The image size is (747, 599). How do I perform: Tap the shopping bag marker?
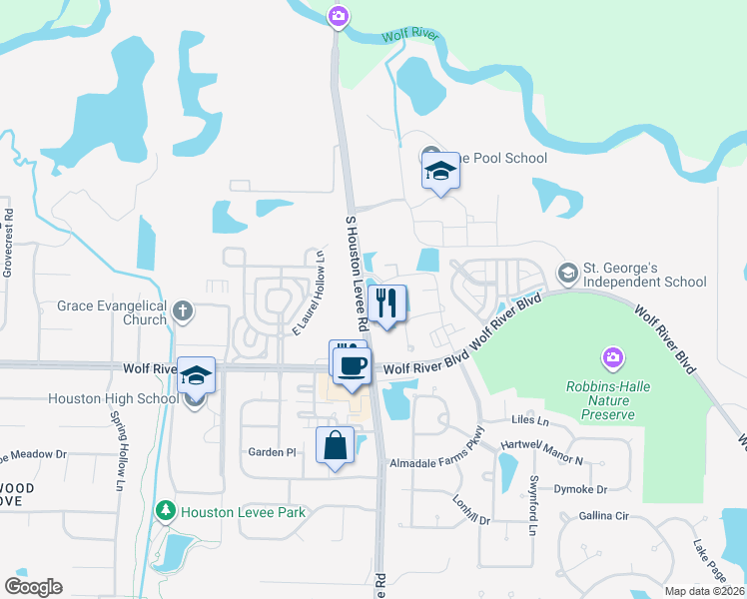tap(336, 445)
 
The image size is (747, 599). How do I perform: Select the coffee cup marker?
tap(352, 364)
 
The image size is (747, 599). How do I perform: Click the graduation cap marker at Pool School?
tap(439, 171)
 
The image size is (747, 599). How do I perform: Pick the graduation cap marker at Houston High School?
tap(197, 375)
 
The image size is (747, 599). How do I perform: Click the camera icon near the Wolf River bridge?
tap(338, 15)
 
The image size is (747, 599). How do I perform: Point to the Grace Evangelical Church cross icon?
tap(182, 309)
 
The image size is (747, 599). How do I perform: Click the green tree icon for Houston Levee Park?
tap(166, 512)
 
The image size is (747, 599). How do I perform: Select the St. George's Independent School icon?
tap(567, 273)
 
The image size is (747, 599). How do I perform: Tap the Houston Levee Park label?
tap(243, 512)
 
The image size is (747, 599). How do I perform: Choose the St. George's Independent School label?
tap(644, 275)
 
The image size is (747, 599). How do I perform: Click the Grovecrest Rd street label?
tap(8, 243)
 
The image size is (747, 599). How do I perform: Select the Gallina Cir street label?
tap(603, 516)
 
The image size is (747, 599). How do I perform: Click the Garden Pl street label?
tap(272, 452)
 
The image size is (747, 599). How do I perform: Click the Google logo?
tap(34, 586)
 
